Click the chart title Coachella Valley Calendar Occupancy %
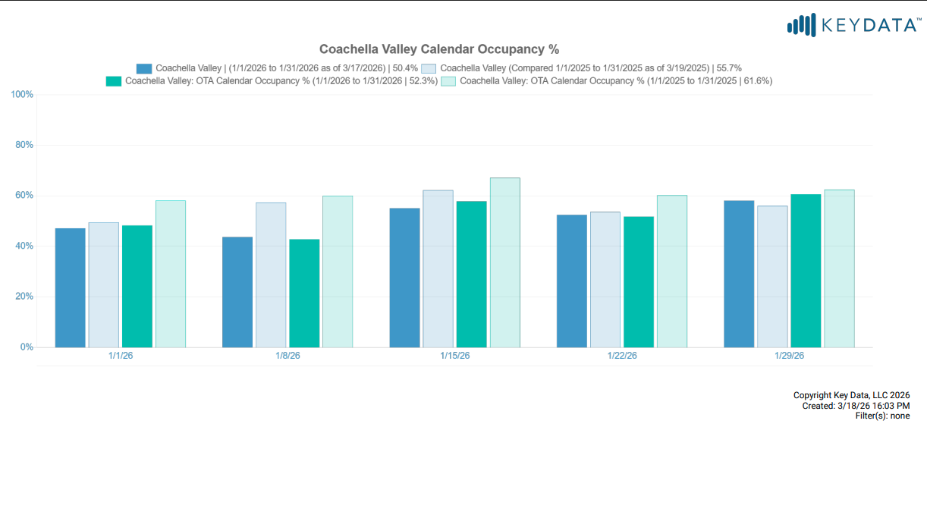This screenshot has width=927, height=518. pyautogui.click(x=438, y=49)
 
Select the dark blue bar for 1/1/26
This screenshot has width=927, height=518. pyautogui.click(x=71, y=287)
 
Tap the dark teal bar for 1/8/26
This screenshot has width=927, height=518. pyautogui.click(x=304, y=294)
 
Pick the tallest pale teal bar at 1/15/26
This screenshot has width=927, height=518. pyautogui.click(x=504, y=262)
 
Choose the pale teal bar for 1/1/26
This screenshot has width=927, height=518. pyautogui.click(x=171, y=274)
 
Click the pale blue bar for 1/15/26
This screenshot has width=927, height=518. pyautogui.click(x=438, y=268)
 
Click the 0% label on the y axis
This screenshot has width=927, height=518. pyautogui.click(x=27, y=347)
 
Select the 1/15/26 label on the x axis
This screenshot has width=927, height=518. pyautogui.click(x=454, y=356)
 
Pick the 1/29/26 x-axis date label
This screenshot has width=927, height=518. pyautogui.click(x=789, y=356)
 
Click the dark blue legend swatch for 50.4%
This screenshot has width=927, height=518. pyautogui.click(x=144, y=68)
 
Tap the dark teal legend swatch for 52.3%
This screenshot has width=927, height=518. pyautogui.click(x=114, y=80)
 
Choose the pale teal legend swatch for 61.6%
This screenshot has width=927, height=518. pyautogui.click(x=448, y=80)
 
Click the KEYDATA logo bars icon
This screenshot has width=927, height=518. pyautogui.click(x=802, y=25)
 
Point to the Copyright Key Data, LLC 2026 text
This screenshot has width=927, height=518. pyautogui.click(x=851, y=395)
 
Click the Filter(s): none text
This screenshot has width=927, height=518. pyautogui.click(x=882, y=416)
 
